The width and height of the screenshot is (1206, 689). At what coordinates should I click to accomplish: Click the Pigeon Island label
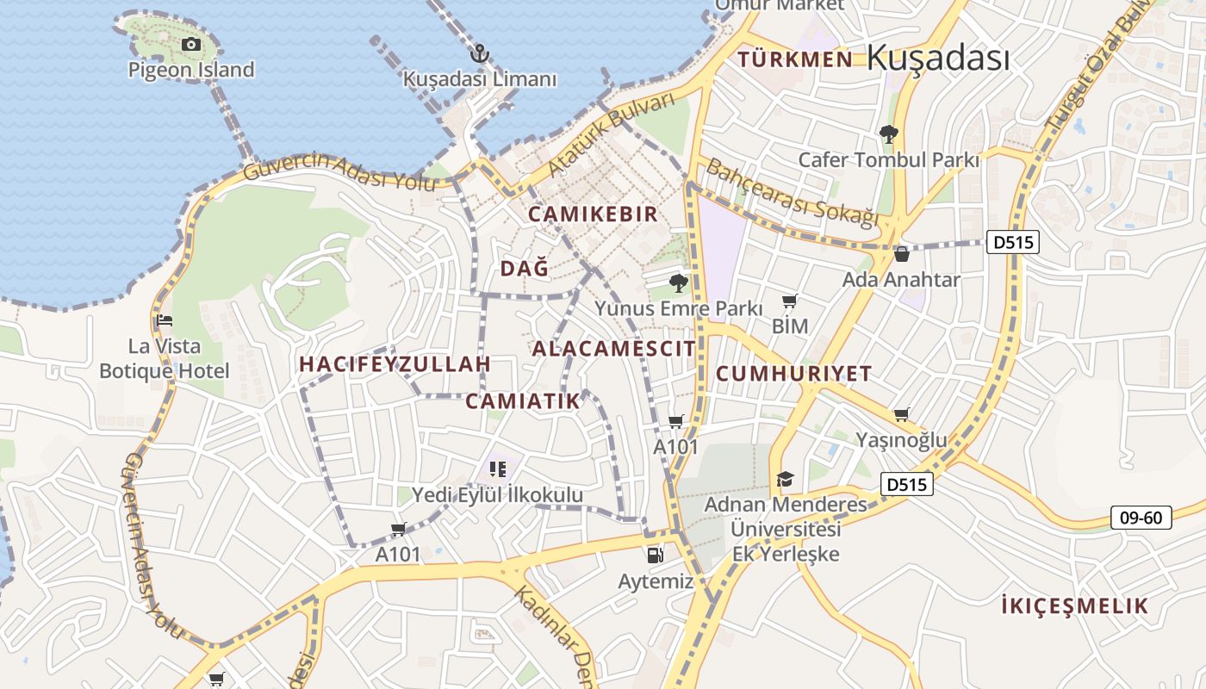[x=191, y=69]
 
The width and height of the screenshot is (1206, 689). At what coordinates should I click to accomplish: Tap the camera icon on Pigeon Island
[x=191, y=44]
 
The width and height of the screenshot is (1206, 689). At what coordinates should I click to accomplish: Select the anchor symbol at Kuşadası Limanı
[x=480, y=54]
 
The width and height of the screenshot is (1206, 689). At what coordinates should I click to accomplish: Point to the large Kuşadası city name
[x=937, y=58]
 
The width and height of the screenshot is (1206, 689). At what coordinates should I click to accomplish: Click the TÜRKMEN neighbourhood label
[x=796, y=59]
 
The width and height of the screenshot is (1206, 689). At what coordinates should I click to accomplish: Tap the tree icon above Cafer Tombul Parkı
[x=888, y=134]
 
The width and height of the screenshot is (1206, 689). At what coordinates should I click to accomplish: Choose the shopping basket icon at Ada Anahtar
[x=901, y=254]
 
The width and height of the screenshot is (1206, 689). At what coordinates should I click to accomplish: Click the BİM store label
[x=790, y=326]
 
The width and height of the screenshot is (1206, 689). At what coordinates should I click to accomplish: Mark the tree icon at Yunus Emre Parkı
[x=679, y=282]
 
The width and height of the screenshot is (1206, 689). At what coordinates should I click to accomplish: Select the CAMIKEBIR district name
[x=593, y=214]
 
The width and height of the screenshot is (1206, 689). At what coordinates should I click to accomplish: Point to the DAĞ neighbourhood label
[x=525, y=269]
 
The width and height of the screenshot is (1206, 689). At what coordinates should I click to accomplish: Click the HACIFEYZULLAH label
[x=395, y=363]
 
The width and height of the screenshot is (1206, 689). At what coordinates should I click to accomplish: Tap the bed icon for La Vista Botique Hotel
[x=165, y=320]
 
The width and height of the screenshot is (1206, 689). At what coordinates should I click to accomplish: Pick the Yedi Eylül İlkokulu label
[x=497, y=495]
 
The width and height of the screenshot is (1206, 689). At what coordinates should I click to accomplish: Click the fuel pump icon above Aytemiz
[x=655, y=556]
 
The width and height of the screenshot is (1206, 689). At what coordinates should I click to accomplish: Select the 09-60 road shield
[x=1141, y=518]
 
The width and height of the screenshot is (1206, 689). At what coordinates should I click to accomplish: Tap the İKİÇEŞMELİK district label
[x=1075, y=605]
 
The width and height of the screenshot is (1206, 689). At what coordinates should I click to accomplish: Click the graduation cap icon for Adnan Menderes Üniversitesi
[x=785, y=479]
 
